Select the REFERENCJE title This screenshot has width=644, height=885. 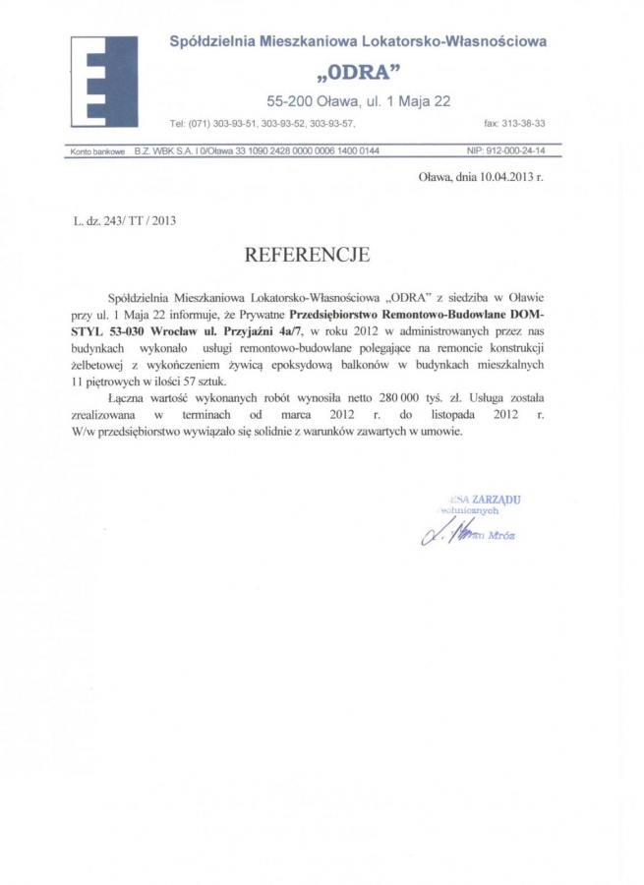pos(307,255)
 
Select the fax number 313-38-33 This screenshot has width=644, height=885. pos(522,124)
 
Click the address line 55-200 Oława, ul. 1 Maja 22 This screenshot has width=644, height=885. pos(359,100)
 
